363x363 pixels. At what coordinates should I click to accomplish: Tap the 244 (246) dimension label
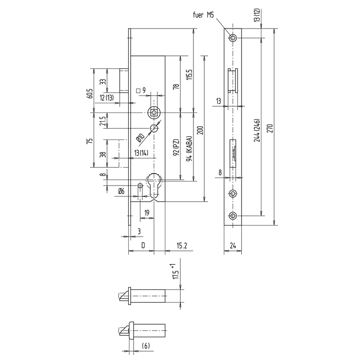click(257, 130)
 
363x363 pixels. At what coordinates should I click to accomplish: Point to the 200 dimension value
click(200, 130)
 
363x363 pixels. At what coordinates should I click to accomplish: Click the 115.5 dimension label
click(190, 75)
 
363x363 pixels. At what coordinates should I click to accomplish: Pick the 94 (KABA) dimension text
click(190, 148)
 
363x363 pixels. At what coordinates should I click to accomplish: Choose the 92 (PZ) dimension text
click(176, 147)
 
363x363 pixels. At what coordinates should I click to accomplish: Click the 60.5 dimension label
click(90, 94)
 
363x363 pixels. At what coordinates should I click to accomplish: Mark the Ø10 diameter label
click(140, 138)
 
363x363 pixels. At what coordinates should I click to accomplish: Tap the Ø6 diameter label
click(121, 191)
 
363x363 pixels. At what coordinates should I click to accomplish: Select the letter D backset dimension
click(143, 245)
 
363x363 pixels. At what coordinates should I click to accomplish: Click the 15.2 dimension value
click(182, 245)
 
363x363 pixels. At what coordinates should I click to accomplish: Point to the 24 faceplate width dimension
click(233, 246)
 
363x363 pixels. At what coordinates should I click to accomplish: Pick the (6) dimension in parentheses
click(145, 346)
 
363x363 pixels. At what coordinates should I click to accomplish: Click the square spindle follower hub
click(154, 113)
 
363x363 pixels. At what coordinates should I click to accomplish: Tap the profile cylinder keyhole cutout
click(154, 185)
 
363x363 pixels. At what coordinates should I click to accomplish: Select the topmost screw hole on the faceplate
click(233, 38)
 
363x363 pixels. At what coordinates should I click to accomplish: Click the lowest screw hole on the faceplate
click(233, 216)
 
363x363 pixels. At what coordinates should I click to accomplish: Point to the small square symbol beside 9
click(138, 90)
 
